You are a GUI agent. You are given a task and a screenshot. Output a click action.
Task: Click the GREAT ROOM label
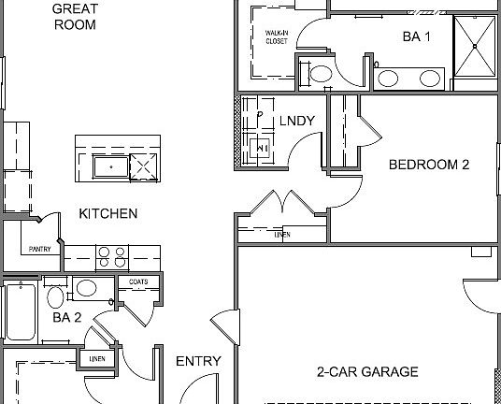click(x=74, y=17)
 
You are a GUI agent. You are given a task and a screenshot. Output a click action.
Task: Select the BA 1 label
click(x=416, y=37)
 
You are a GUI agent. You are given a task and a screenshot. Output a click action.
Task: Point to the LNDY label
click(x=297, y=121)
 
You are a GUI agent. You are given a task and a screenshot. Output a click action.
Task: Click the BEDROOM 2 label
click(x=428, y=165)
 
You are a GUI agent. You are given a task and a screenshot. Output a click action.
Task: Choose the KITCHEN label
click(x=107, y=214)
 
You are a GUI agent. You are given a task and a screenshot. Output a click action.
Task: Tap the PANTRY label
click(x=39, y=249)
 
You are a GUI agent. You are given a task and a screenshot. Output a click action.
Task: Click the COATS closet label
click(x=137, y=281)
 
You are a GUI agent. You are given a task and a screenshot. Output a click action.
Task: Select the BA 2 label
click(x=66, y=317)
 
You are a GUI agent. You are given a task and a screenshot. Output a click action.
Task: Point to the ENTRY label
click(x=198, y=362)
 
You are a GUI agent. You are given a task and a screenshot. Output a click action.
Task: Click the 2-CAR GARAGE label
click(x=366, y=372)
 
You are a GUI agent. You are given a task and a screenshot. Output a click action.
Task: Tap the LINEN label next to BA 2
click(x=97, y=358)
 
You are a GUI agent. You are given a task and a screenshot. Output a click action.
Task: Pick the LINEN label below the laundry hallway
click(x=281, y=235)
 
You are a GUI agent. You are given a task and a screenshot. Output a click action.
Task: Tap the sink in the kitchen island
click(x=109, y=167)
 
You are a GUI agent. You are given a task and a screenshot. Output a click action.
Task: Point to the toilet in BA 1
click(x=319, y=75)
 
